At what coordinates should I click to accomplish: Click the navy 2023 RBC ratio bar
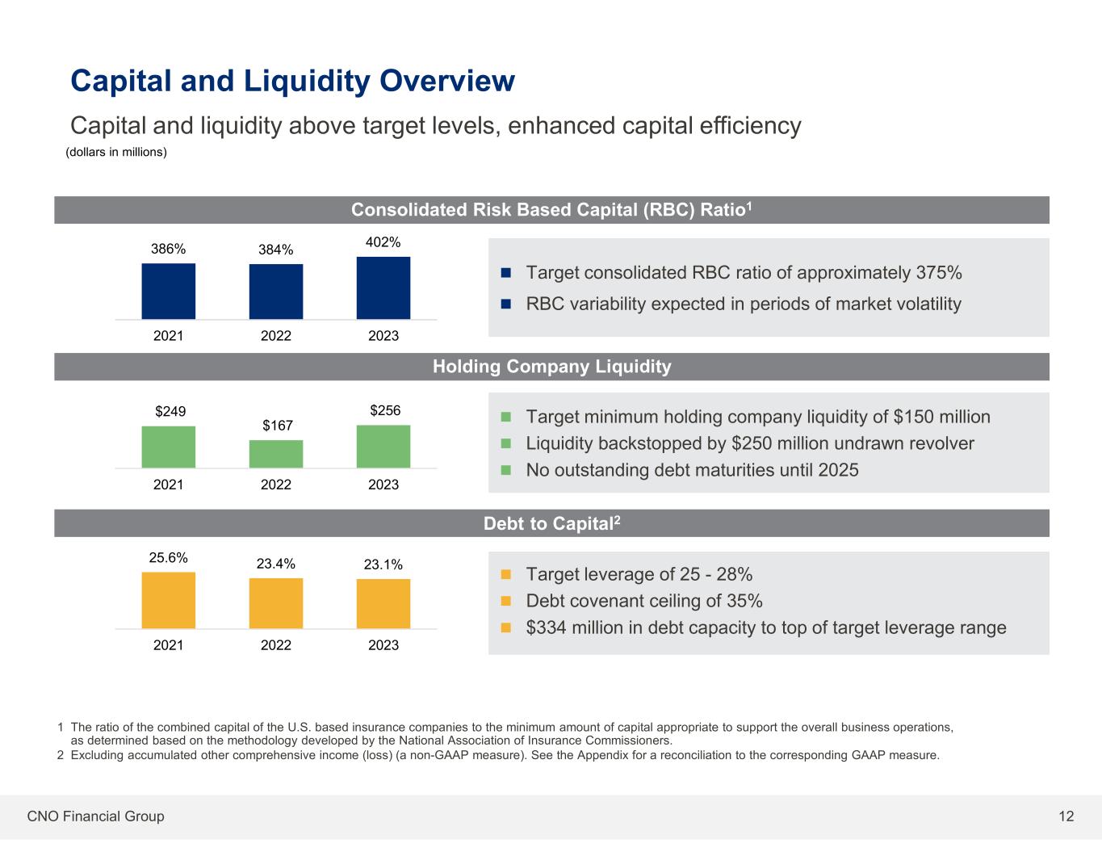click(x=383, y=288)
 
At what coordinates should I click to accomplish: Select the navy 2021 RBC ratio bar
click(x=168, y=292)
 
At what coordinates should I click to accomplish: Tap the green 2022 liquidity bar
click(x=276, y=454)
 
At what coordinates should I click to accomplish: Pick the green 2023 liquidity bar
click(x=383, y=447)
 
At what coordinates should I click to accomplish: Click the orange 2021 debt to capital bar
click(x=168, y=600)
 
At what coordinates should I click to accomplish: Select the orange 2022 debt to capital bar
click(x=276, y=603)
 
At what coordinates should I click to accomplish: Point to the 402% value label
click(x=383, y=242)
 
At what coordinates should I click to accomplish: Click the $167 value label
click(x=277, y=425)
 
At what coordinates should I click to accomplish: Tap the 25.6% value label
click(x=168, y=557)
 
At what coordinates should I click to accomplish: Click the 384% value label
click(x=275, y=250)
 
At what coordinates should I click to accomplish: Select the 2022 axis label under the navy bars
click(x=276, y=335)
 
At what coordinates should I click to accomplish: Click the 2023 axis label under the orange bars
click(x=383, y=644)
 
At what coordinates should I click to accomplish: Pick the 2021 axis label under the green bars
click(x=168, y=485)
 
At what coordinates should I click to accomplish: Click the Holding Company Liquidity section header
click(x=551, y=367)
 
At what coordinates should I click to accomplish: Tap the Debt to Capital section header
click(x=551, y=523)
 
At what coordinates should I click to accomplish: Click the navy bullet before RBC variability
click(x=506, y=304)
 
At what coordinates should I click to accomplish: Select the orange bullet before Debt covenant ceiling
click(x=506, y=601)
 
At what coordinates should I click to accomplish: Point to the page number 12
click(x=1066, y=816)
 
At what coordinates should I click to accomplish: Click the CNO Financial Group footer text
click(x=95, y=816)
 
